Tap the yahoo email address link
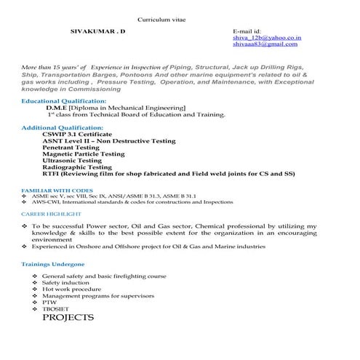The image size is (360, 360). [267, 38]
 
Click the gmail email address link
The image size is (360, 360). [266, 44]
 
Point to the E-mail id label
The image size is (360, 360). [247, 32]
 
